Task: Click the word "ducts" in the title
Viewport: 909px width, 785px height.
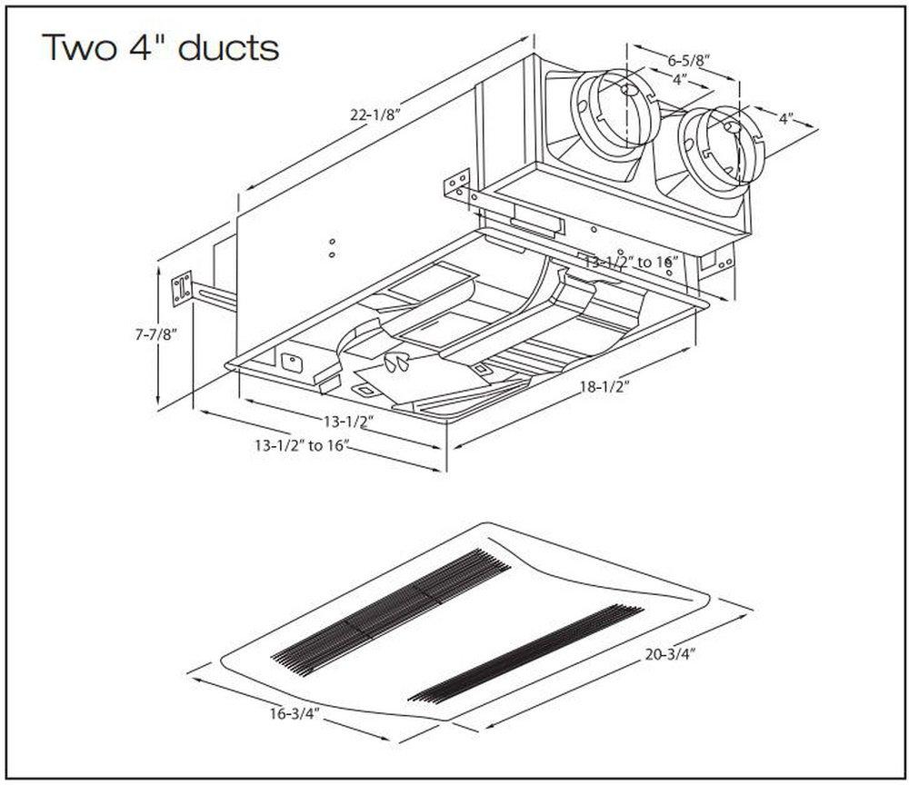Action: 228,47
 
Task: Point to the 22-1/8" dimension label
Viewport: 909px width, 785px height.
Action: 375,116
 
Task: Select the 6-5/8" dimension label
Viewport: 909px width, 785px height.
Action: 687,61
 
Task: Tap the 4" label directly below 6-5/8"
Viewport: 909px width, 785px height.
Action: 678,80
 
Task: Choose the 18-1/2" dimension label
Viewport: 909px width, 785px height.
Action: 604,386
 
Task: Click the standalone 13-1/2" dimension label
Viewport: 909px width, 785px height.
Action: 345,422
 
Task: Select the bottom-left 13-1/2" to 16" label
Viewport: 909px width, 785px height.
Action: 301,445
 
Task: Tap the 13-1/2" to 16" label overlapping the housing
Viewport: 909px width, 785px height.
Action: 632,262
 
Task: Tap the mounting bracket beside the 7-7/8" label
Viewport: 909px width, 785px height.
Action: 184,288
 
